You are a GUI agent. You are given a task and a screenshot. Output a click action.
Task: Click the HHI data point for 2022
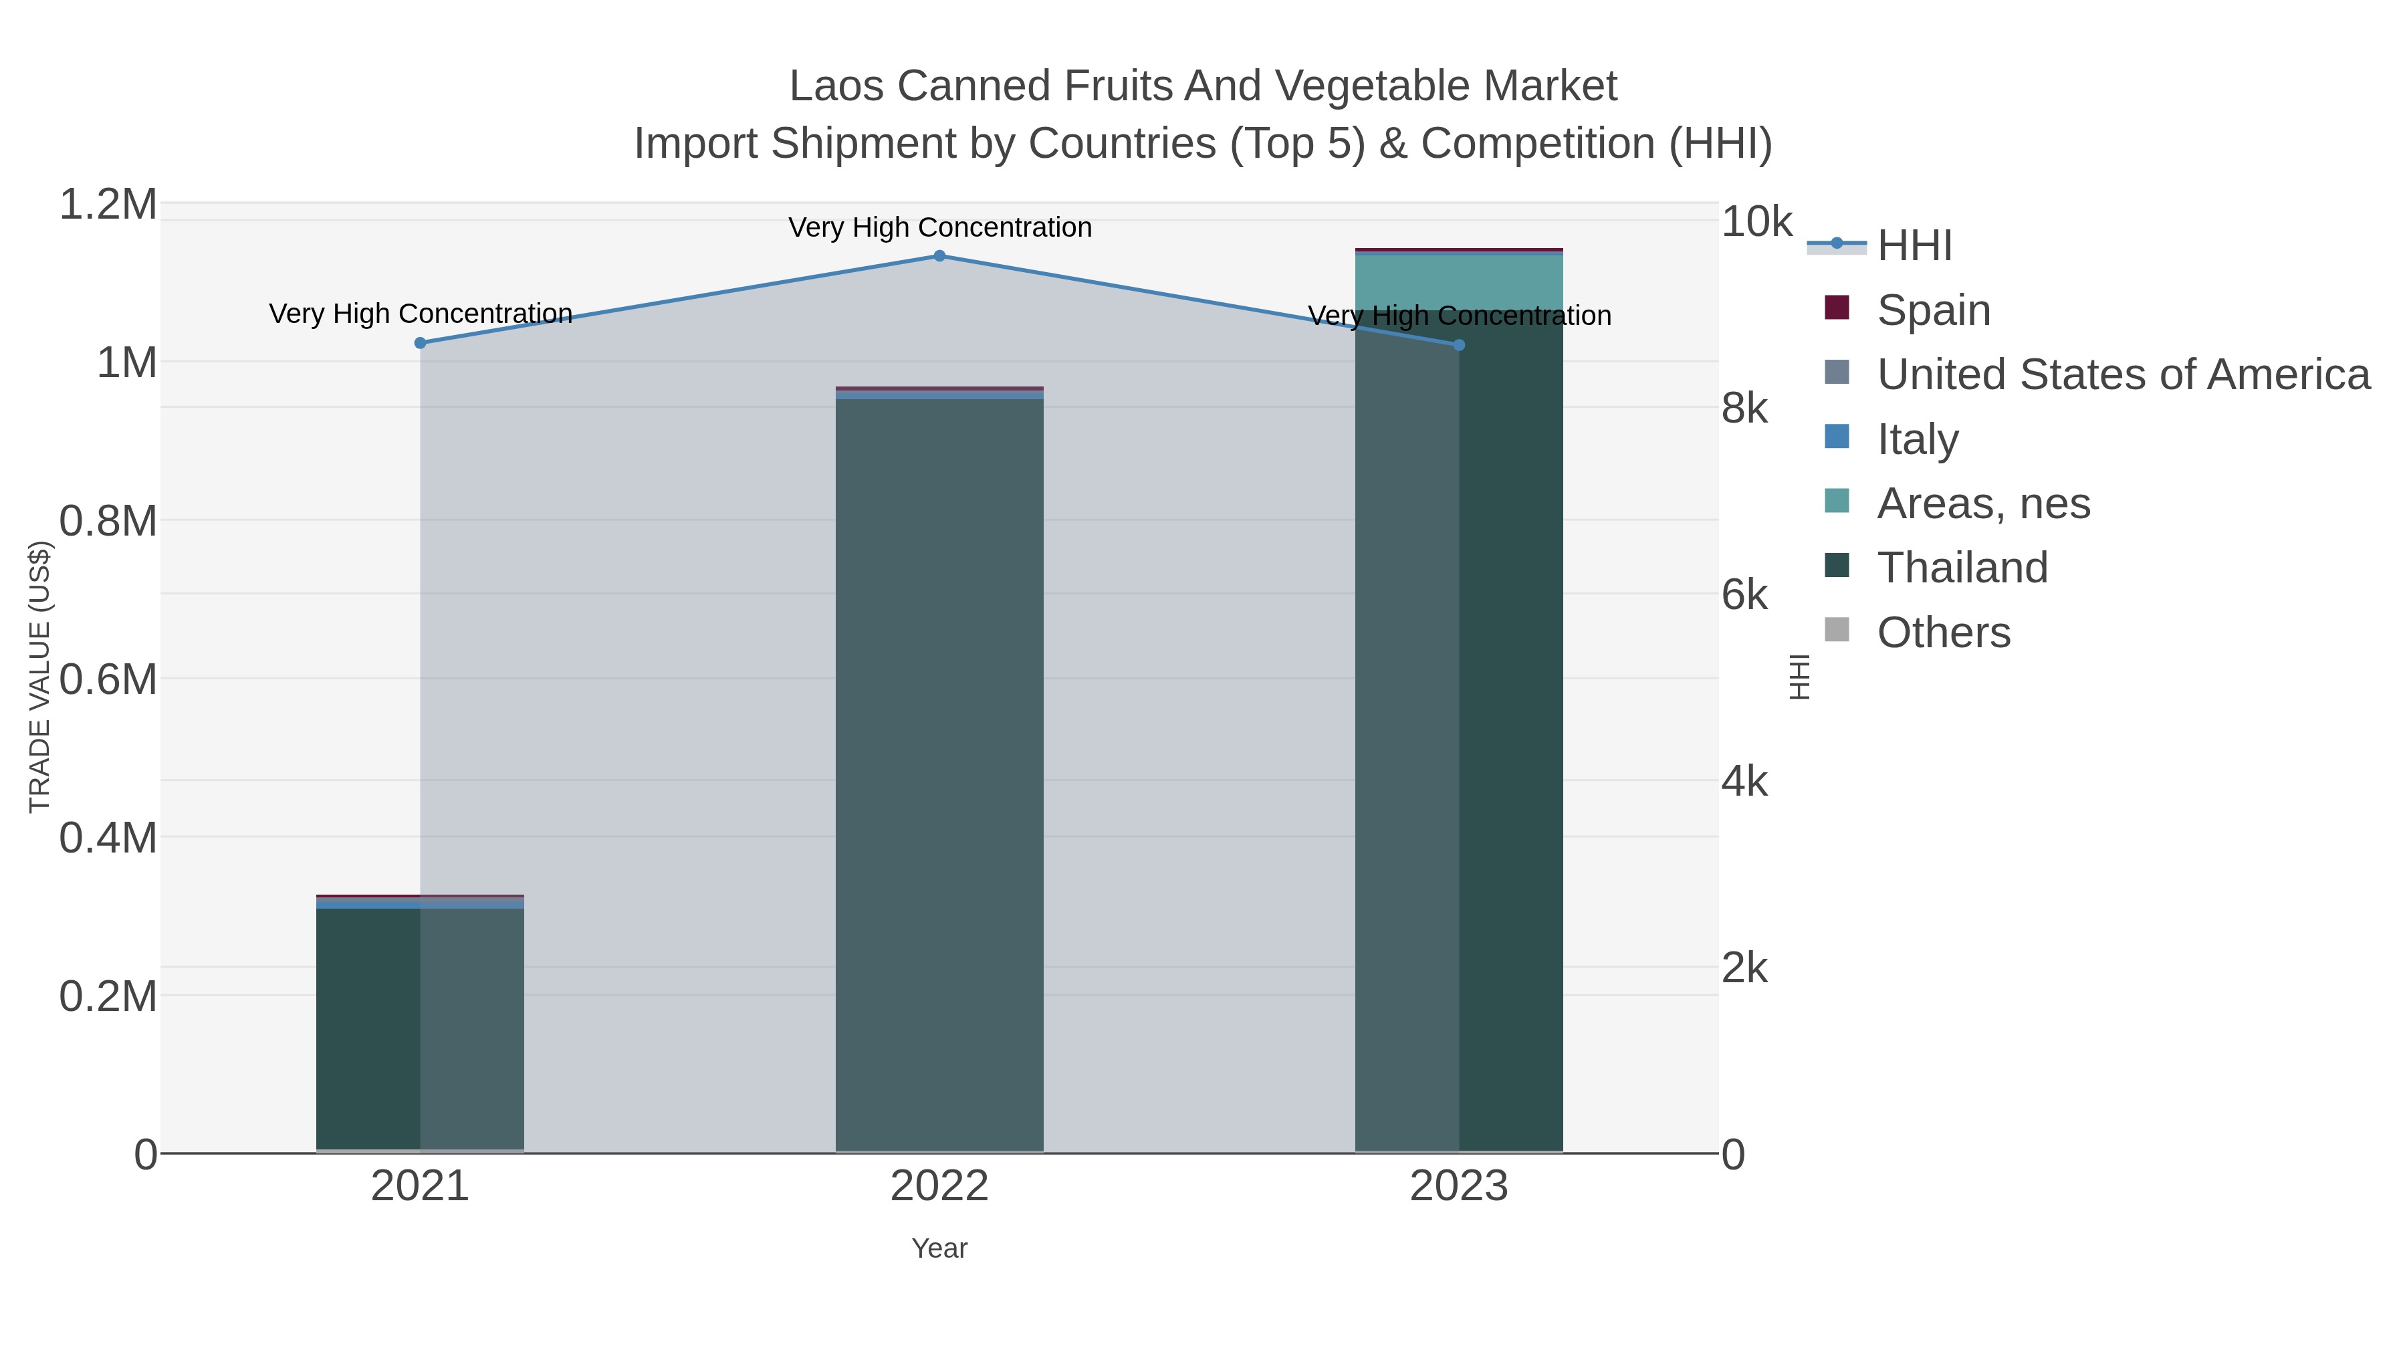[939, 256]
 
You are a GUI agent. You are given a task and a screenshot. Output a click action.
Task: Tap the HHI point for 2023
[1459, 345]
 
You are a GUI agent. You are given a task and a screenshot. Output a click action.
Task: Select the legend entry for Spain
[1932, 310]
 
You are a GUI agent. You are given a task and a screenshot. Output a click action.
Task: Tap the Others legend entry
[1942, 633]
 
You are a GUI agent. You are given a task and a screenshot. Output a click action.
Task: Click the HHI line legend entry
[1914, 246]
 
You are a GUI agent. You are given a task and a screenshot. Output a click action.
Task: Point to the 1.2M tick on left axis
[108, 205]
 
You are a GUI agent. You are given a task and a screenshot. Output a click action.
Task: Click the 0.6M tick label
[108, 679]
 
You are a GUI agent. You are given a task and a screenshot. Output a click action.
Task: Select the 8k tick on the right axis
[1744, 409]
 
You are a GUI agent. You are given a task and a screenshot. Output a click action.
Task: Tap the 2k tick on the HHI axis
[1744, 968]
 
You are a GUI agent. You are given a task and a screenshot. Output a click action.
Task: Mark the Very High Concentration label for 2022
[939, 227]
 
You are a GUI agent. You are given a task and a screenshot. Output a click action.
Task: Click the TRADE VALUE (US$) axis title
[39, 677]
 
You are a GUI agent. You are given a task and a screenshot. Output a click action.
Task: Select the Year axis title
[939, 1248]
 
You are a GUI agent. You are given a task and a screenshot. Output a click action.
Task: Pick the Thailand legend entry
[1961, 568]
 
